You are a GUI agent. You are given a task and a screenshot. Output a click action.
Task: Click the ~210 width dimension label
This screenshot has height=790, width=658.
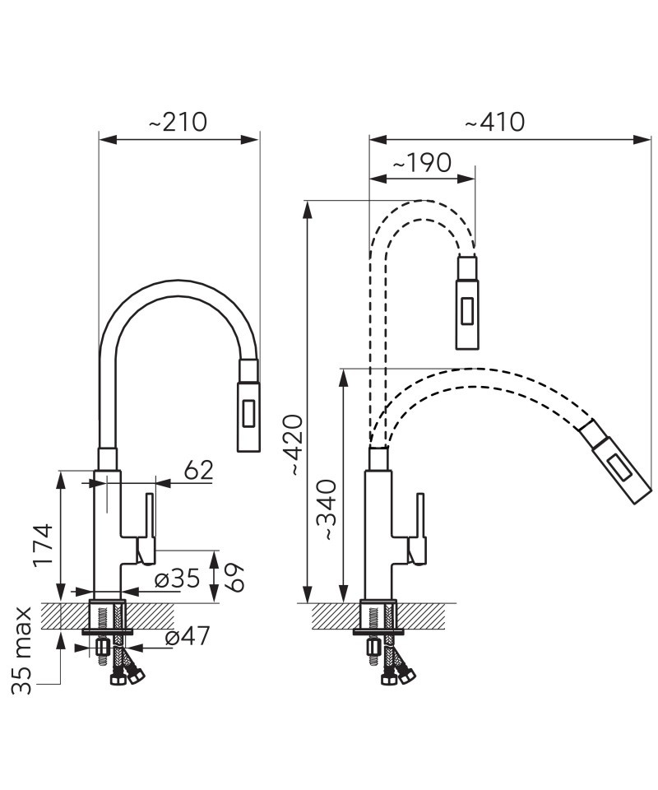[x=178, y=122]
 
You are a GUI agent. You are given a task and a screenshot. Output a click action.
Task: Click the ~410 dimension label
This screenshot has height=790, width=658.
[x=495, y=122]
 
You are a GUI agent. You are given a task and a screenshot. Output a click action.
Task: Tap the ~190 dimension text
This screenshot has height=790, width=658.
[x=422, y=163]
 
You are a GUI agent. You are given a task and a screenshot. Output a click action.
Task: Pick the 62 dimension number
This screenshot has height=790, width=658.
[x=198, y=471]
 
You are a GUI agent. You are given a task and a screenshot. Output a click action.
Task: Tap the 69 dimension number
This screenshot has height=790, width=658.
[x=234, y=578]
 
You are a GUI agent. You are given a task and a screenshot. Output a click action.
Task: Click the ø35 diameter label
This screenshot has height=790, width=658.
[x=177, y=579]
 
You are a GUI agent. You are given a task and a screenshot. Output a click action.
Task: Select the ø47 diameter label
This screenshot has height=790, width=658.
[x=187, y=637]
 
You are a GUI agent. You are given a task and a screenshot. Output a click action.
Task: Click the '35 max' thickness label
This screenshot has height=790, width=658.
[x=21, y=651]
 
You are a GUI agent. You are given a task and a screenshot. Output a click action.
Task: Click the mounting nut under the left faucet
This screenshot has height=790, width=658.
[x=102, y=647]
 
